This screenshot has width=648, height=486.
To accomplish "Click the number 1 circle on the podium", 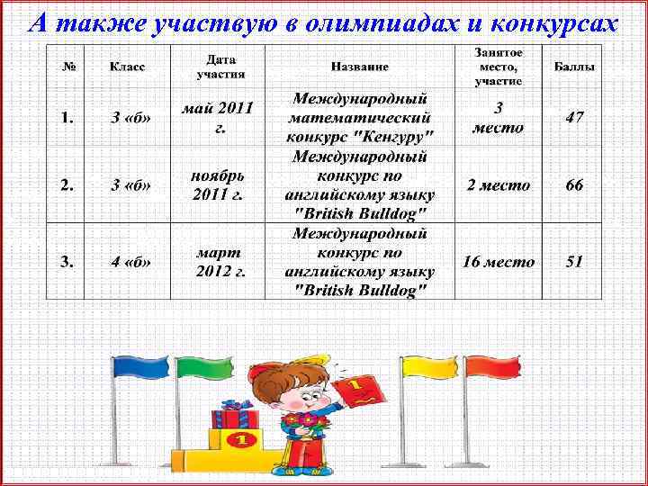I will (240, 441).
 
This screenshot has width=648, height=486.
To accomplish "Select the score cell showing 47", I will (574, 118).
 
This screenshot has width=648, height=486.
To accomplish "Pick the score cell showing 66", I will (574, 185).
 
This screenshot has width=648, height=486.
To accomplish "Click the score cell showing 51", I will (574, 262).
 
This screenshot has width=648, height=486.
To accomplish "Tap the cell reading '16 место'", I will (498, 262).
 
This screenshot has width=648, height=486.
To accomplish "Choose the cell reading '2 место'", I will (498, 185).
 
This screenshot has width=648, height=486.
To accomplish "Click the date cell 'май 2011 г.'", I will (218, 118).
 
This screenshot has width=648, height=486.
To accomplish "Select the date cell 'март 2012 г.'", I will (220, 262).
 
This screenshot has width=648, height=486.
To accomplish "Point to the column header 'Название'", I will (359, 67).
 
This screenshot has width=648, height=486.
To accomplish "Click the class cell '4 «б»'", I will (130, 262).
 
